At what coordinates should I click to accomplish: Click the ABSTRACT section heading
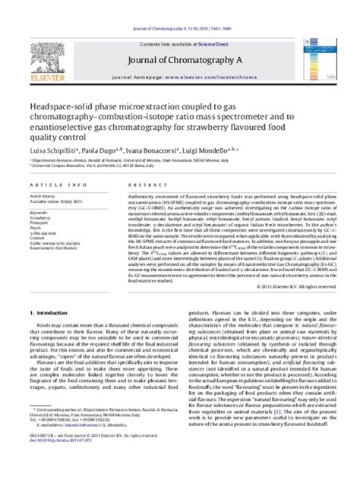[129, 186]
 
